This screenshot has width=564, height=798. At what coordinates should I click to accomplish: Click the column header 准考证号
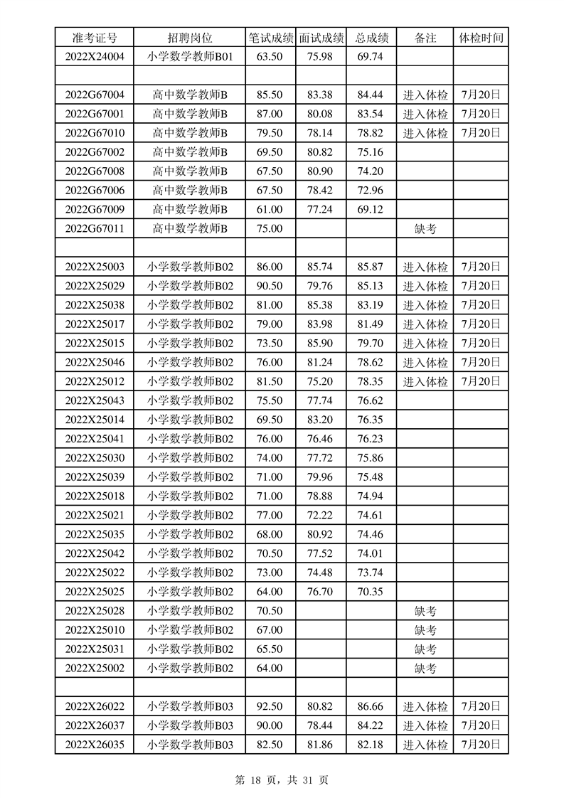pos(95,38)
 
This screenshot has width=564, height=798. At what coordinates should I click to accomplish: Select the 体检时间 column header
pos(481,38)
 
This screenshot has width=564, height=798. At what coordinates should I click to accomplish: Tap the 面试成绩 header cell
pos(321,38)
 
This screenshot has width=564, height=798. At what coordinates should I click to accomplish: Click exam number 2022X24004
pos(95,57)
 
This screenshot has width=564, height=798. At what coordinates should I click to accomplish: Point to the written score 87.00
pos(270,114)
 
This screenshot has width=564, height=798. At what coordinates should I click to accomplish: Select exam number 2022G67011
pos(95,229)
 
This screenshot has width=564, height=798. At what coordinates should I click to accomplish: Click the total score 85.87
pos(371,267)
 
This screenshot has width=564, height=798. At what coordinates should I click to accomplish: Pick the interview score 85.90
pos(321,344)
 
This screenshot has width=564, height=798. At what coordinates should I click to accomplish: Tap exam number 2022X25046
pos(95,363)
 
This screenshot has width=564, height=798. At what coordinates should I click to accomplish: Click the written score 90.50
pos(270,287)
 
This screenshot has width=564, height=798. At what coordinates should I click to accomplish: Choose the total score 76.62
pos(371,401)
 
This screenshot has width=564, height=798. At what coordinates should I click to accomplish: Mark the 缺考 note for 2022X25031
pos(425,649)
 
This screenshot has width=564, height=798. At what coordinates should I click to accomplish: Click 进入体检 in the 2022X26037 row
pos(425,726)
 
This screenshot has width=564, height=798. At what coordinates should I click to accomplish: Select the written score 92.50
pos(270,707)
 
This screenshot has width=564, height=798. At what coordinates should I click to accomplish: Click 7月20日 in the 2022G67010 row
pos(481,133)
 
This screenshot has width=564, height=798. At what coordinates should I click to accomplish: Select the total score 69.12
pos(371,210)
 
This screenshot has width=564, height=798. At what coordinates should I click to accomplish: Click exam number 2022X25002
pos(95,669)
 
